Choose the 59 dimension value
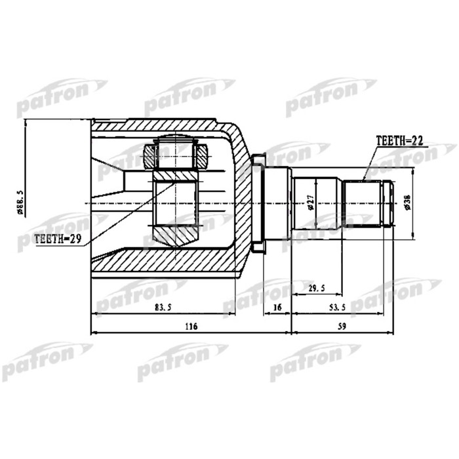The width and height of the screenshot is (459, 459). pos(341,326)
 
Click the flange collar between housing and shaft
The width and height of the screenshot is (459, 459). pos(258,201)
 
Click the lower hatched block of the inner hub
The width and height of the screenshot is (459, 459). pos(175,234)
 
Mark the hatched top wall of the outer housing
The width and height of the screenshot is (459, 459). pos(157,127)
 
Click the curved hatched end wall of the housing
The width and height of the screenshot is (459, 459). pos(242,197)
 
